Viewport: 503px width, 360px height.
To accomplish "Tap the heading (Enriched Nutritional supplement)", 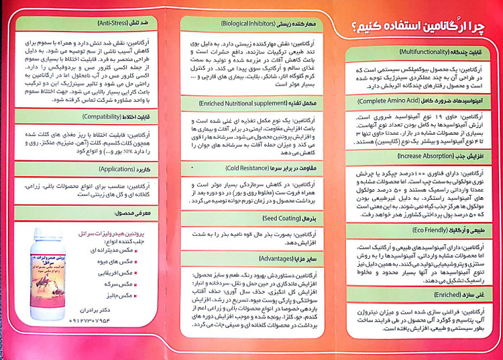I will pyautogui.click(x=252, y=104).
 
